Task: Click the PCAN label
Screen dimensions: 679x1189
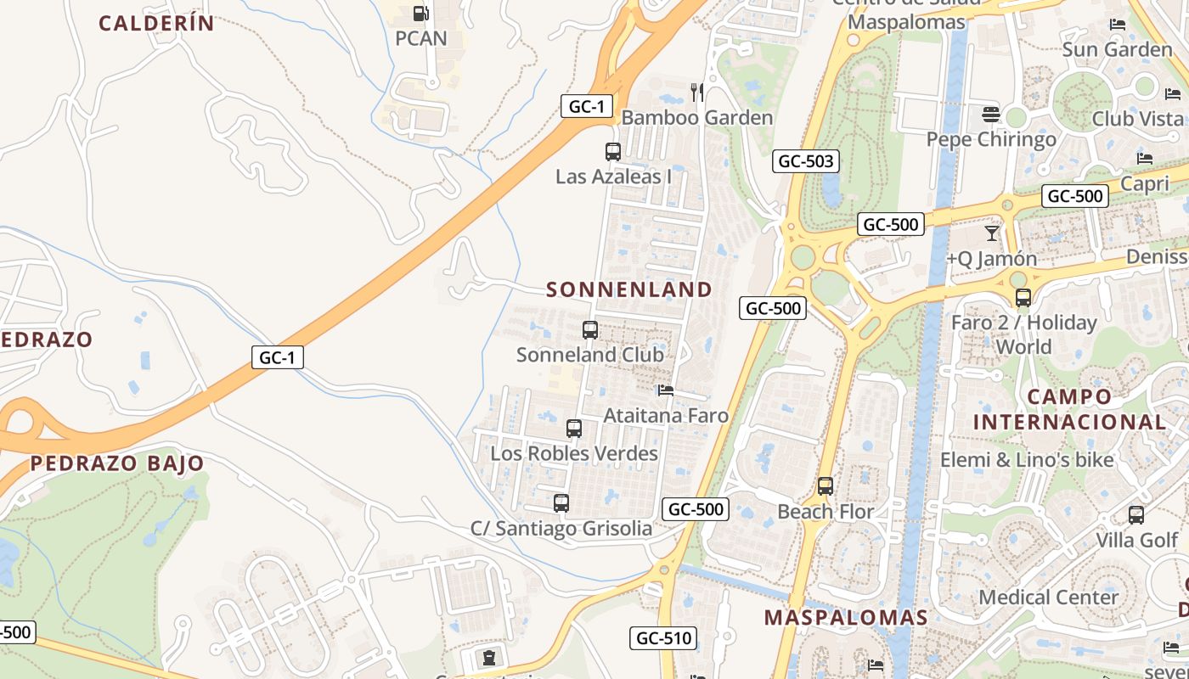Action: [421, 38]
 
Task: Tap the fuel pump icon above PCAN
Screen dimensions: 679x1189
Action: [420, 14]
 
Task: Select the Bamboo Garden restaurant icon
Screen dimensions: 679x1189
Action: [697, 92]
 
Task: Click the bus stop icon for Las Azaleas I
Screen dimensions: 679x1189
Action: [613, 152]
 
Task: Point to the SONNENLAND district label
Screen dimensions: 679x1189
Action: [629, 289]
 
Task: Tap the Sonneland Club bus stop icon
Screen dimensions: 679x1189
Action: [590, 330]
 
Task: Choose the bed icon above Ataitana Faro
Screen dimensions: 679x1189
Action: [666, 390]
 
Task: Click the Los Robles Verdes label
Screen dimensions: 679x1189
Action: [574, 453]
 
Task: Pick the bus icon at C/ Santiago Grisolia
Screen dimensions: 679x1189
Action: [561, 503]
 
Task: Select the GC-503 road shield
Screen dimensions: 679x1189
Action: [806, 161]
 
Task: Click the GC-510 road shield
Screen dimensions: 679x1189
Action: [663, 638]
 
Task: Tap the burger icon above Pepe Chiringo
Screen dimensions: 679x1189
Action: [990, 114]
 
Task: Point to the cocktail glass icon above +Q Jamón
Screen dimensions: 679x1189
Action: [991, 233]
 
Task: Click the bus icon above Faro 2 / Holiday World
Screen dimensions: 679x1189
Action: [1023, 298]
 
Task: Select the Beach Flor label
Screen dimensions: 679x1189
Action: [826, 512]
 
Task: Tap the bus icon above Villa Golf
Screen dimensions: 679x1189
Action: [1136, 515]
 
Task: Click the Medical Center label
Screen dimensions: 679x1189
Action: [1049, 597]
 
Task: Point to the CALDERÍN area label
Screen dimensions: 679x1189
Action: [157, 23]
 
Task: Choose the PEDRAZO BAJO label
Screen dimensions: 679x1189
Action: [117, 463]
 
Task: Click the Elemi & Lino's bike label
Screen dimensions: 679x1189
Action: [1026, 460]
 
